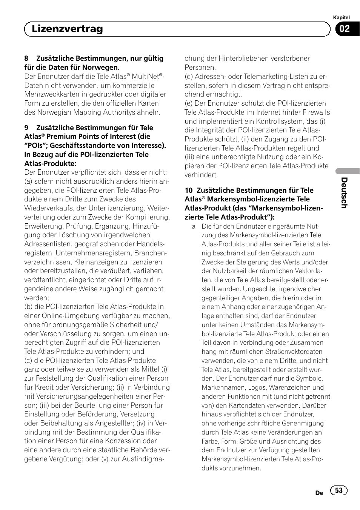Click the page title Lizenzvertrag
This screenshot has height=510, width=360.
tap(67, 29)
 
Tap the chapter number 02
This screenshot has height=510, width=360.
tap(344, 29)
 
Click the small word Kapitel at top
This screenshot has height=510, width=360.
tap(342, 17)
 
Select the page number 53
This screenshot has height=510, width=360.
tap(339, 490)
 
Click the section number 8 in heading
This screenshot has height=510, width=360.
tap(26, 58)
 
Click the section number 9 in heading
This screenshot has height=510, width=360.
tap(26, 128)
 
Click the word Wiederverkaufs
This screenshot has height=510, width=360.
tap(47, 208)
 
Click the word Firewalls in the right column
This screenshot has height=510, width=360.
tap(314, 112)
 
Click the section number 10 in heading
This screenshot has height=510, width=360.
tap(189, 190)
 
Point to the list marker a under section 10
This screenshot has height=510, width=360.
tap(194, 226)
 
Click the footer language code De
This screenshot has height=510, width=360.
tap(319, 493)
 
